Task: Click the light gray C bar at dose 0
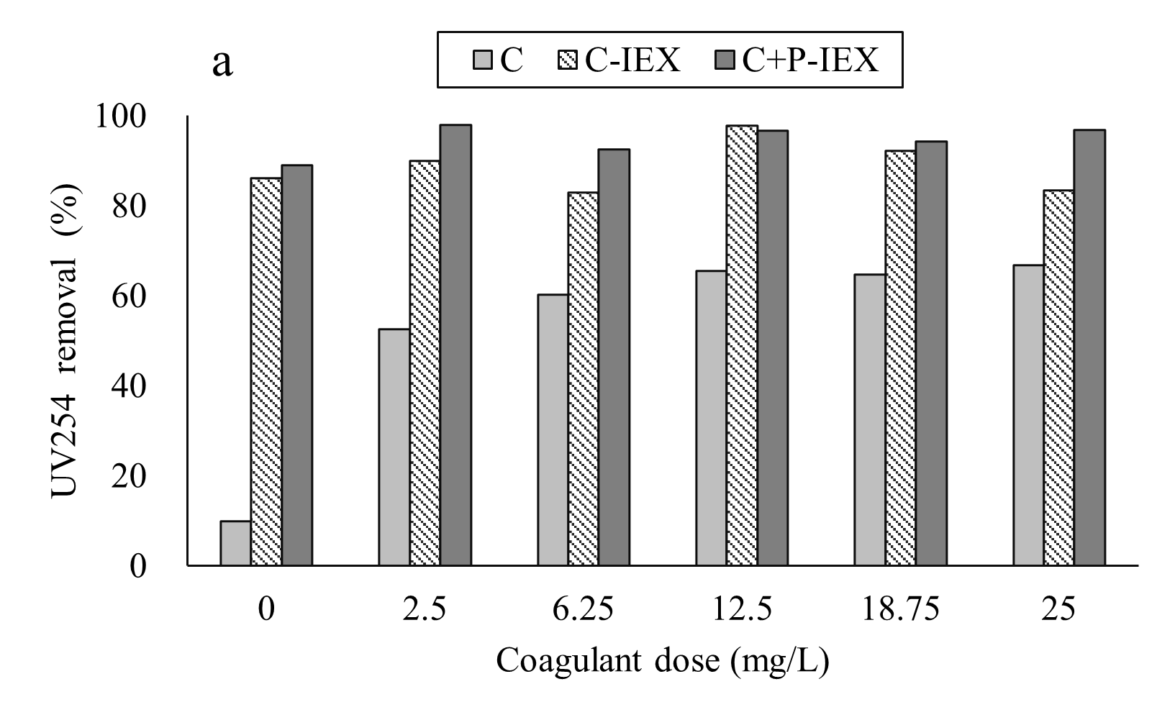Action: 235,543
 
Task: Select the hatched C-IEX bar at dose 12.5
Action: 742,345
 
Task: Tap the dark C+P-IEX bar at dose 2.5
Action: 455,345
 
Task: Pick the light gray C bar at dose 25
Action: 1028,415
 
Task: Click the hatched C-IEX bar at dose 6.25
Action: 583,379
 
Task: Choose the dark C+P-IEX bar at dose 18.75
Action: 931,353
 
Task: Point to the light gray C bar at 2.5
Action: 394,447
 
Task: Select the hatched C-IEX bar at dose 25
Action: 1058,378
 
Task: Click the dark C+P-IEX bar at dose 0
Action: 296,365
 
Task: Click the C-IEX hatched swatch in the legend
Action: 570,60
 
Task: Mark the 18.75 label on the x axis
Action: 899,609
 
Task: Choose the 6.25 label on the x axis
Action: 583,609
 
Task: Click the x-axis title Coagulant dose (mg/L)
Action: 662,660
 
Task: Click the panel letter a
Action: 223,63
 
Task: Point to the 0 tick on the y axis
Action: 137,566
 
